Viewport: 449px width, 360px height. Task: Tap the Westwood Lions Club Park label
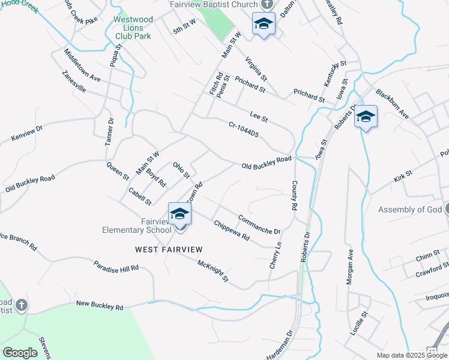[x=133, y=28]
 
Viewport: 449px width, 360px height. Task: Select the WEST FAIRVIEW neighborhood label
[x=168, y=249]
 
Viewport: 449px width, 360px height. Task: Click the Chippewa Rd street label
[x=232, y=230]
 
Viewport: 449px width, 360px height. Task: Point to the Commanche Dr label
[x=259, y=224]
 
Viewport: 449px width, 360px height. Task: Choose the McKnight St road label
[x=213, y=270]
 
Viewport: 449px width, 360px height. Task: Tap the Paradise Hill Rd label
[x=116, y=266]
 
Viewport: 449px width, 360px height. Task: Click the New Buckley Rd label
[x=100, y=305]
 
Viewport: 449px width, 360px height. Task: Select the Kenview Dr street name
[x=28, y=133]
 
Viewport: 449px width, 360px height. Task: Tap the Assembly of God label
[x=409, y=210]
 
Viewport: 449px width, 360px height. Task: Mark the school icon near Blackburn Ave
[x=366, y=116]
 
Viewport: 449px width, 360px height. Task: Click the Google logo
[x=20, y=353]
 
